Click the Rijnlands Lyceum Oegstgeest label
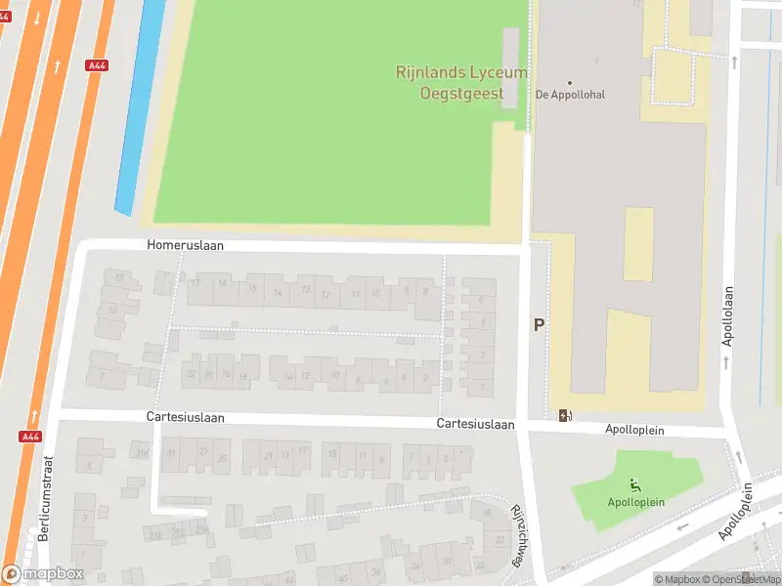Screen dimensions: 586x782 tap(461, 82)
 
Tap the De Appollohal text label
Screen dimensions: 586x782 tap(571, 95)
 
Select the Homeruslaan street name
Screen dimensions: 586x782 tap(186, 246)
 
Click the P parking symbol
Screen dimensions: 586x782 tap(539, 324)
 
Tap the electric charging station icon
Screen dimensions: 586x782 tap(565, 415)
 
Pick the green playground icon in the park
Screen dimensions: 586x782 tap(636, 485)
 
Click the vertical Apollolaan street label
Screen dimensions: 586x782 tap(727, 316)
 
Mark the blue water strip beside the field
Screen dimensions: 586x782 tap(140, 107)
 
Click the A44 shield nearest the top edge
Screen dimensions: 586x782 tap(96, 65)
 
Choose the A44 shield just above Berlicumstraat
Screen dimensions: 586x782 tap(30, 437)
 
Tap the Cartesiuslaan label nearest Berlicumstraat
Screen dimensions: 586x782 tap(186, 417)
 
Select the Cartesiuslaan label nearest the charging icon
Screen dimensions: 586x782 tap(475, 424)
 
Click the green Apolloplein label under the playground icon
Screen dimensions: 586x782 tap(636, 502)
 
